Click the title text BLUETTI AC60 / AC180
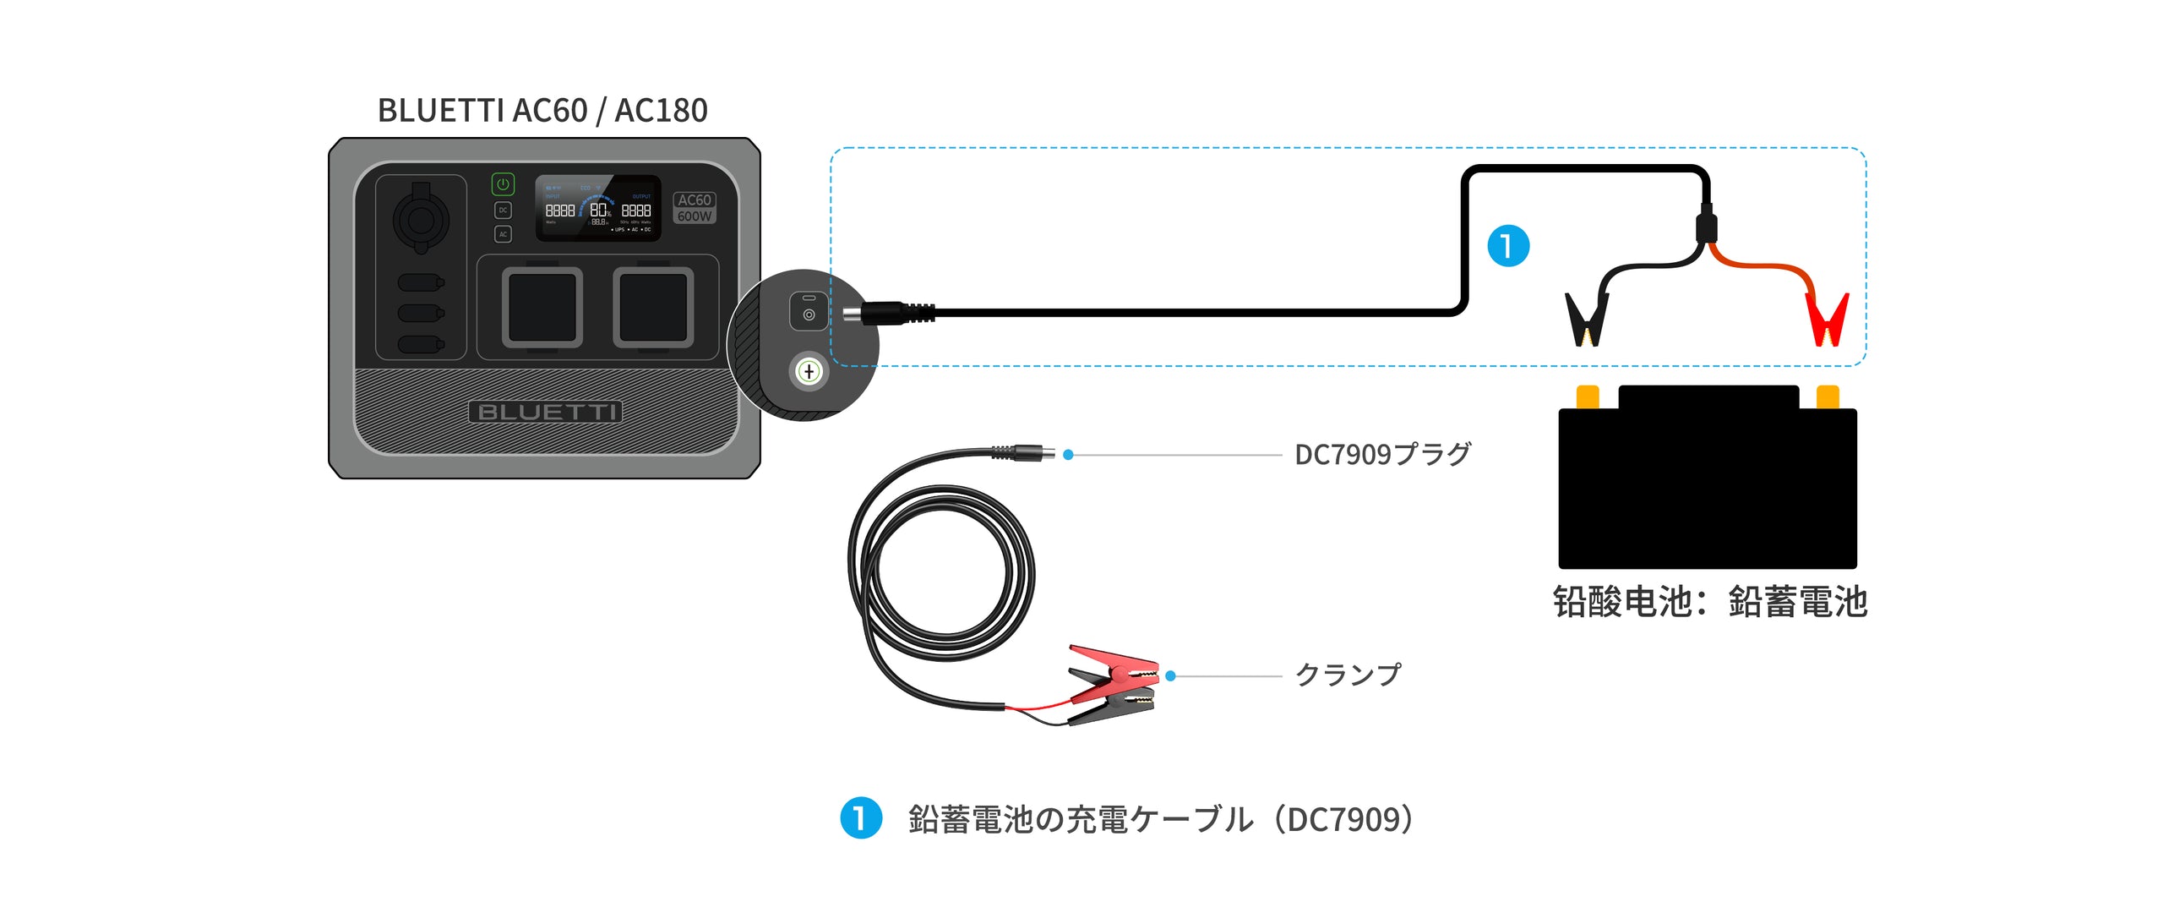coord(542,111)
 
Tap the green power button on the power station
coord(503,184)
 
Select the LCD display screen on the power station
coord(598,209)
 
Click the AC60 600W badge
coord(694,208)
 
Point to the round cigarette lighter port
coord(421,220)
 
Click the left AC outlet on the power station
coord(542,308)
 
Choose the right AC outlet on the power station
coord(653,308)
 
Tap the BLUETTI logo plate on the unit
coord(545,413)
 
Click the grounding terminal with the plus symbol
coord(809,371)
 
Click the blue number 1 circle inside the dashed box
coord(1507,246)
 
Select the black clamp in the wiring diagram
coord(1587,319)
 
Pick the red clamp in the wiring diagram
coord(1827,319)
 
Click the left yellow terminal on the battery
coord(1588,396)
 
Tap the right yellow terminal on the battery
coord(1828,396)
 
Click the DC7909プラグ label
coord(1382,455)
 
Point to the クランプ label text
coord(1348,675)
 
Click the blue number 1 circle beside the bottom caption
coord(861,818)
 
